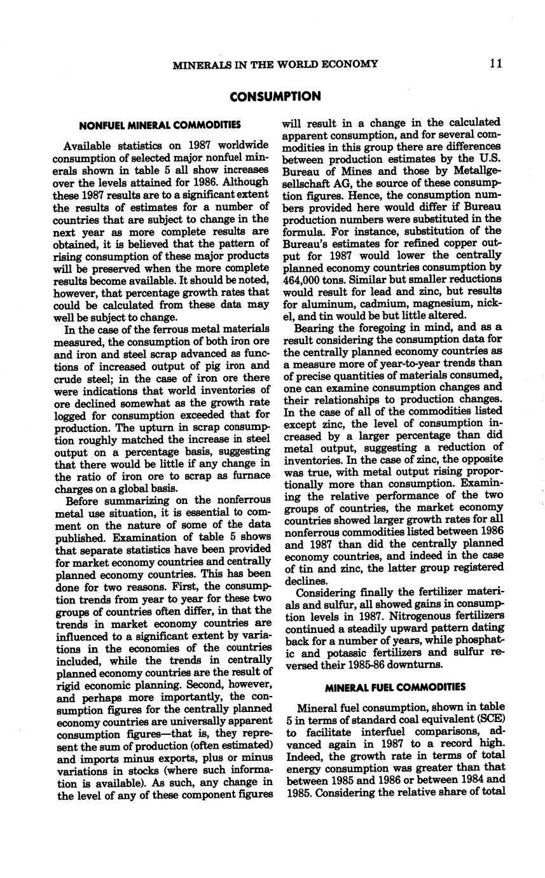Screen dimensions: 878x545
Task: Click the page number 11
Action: (497, 64)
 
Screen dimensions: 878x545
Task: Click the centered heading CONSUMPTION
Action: (275, 97)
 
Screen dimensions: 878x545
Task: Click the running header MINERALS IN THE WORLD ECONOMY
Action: (275, 64)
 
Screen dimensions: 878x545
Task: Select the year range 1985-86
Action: (336, 664)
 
